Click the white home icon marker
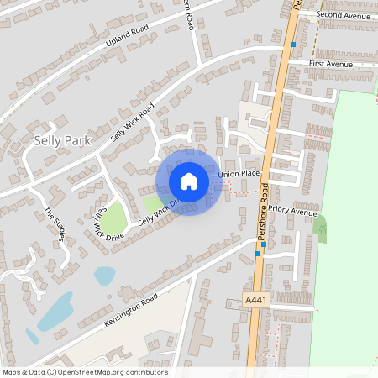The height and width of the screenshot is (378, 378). (x=189, y=181)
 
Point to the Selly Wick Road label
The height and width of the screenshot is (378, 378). (x=133, y=122)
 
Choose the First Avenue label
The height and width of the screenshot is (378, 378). (x=333, y=63)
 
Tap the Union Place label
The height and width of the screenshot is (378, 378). (x=239, y=174)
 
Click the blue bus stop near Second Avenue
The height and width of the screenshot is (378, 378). (x=293, y=44)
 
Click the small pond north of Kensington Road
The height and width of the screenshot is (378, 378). (x=104, y=275)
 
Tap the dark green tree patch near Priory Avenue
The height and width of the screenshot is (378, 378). (x=319, y=225)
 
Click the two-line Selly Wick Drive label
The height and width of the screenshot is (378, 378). (x=99, y=220)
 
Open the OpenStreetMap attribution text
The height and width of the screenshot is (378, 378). (x=85, y=372)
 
